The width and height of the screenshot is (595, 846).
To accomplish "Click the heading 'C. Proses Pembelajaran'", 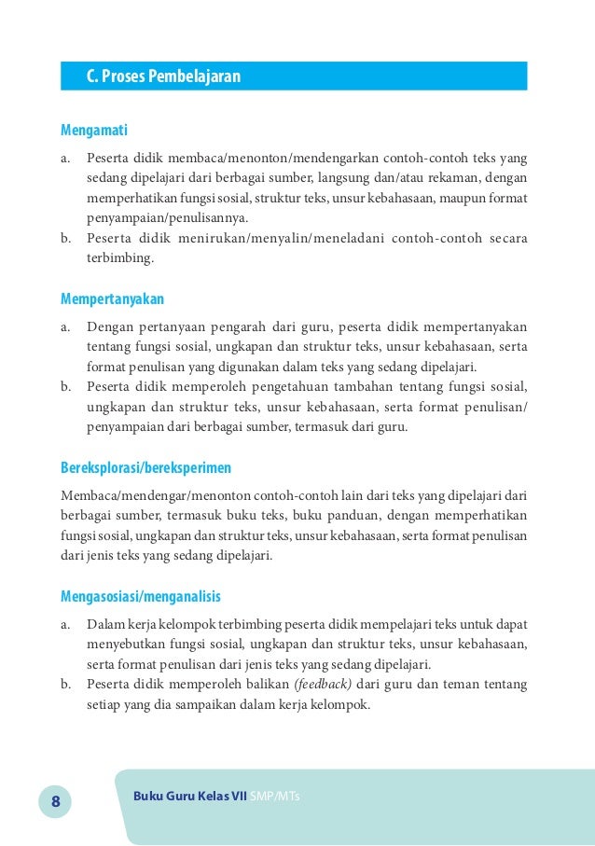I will (163, 76).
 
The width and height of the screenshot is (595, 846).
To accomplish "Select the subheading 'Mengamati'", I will (94, 131).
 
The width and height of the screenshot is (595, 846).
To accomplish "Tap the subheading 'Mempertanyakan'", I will (112, 299).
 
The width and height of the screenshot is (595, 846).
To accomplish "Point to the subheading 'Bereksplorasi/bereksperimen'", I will (145, 466).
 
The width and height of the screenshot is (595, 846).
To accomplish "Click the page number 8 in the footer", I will (54, 801).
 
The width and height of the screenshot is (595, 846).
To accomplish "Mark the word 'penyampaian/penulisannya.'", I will (168, 218).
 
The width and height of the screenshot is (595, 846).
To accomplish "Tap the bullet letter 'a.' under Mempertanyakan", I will (67, 326).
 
